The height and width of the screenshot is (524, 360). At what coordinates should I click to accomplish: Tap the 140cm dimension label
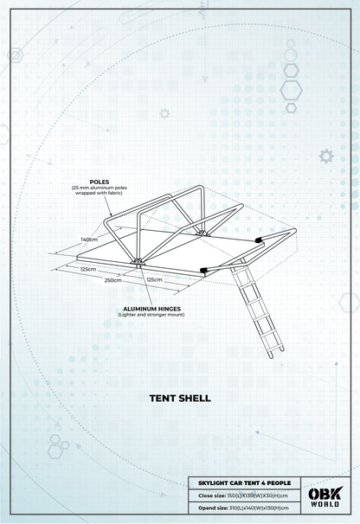click(88, 239)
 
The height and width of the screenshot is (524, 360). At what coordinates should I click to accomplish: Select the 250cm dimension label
click(112, 280)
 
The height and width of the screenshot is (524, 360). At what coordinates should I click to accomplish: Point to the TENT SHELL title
click(179, 399)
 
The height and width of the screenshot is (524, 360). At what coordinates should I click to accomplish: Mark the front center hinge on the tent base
click(134, 264)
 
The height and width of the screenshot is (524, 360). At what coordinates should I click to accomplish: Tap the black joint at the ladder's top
click(205, 270)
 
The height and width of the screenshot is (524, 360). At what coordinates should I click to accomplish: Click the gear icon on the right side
click(325, 157)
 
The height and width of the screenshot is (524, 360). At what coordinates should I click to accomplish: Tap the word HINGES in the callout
click(170, 307)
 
